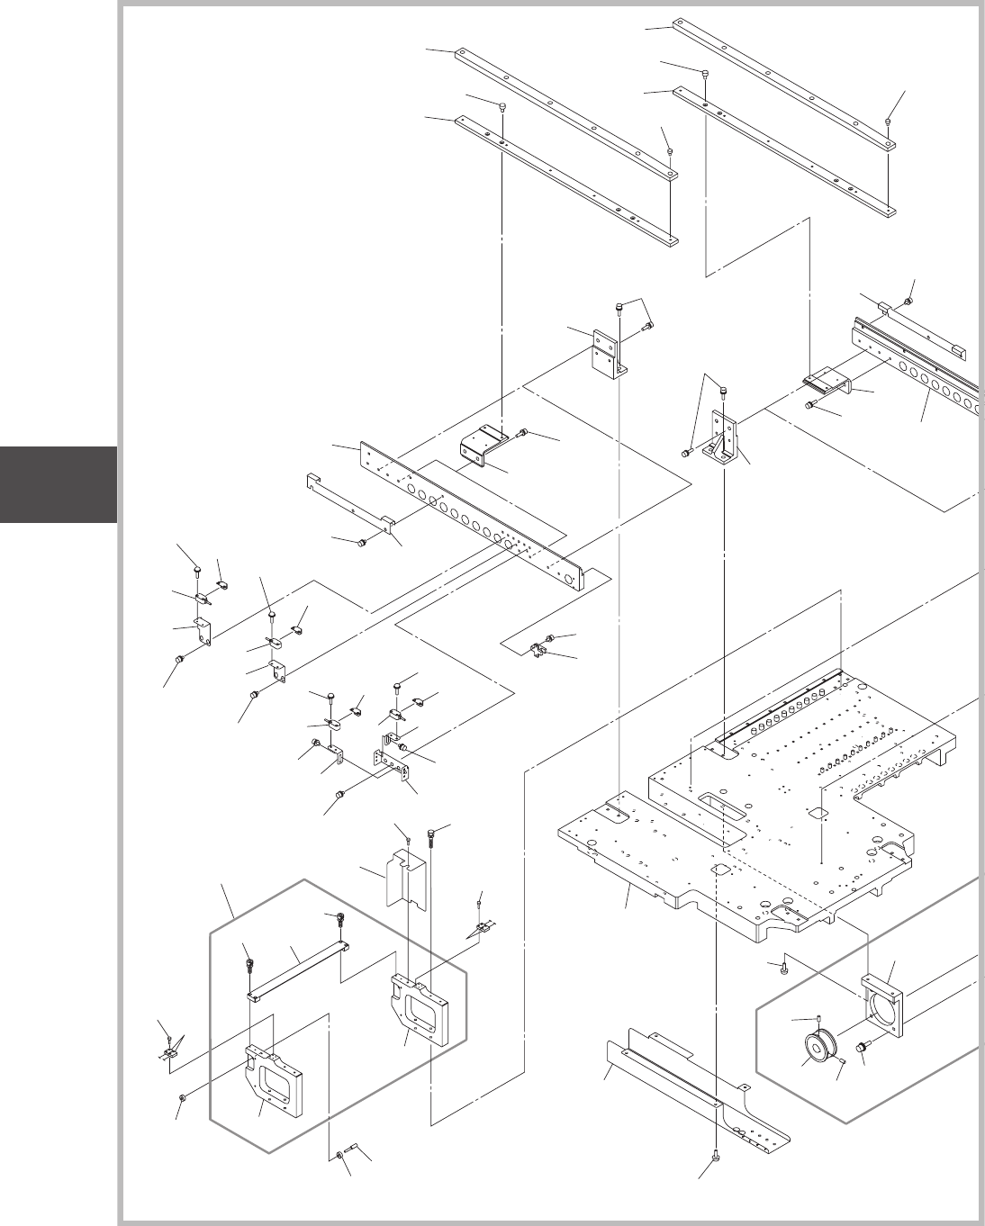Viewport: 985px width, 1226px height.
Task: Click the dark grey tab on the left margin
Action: (x=59, y=483)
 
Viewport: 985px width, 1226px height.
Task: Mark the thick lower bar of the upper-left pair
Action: (x=567, y=180)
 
